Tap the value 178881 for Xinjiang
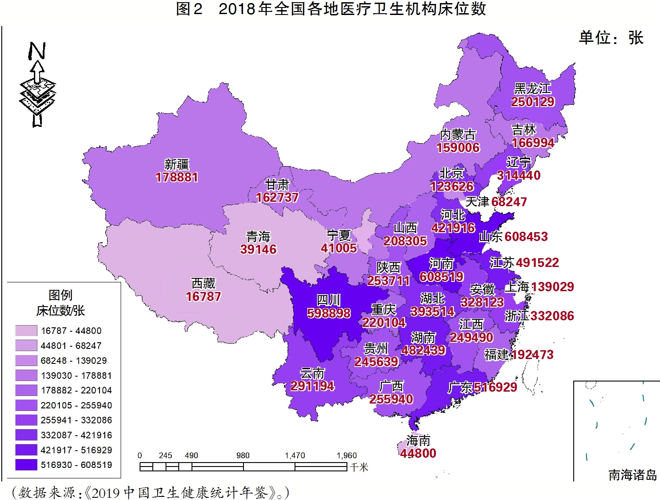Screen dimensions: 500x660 pos(177,178)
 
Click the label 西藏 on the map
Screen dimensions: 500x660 pos(203,283)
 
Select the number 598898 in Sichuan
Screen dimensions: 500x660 pos(329,313)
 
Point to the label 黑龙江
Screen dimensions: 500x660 pos(532,89)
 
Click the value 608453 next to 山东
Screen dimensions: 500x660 pos(526,237)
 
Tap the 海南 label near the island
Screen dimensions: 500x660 pos(418,441)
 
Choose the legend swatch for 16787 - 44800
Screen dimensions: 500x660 pos(26,330)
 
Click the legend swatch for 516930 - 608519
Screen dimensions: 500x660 pos(26,465)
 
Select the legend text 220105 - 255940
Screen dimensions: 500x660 pos(76,405)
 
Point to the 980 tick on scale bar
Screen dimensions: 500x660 pos(243,456)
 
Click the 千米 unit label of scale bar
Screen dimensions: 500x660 pos(359,467)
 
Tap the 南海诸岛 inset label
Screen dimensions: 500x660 pos(632,475)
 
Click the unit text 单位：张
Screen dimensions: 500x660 pos(611,38)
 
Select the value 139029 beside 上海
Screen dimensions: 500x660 pos(552,287)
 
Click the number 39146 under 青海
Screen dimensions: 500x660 pos(258,249)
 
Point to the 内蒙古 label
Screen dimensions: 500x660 pos(458,134)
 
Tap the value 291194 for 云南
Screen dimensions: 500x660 pos(312,386)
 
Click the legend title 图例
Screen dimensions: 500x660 pos(60,295)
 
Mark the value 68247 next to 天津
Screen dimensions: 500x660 pos(509,202)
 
